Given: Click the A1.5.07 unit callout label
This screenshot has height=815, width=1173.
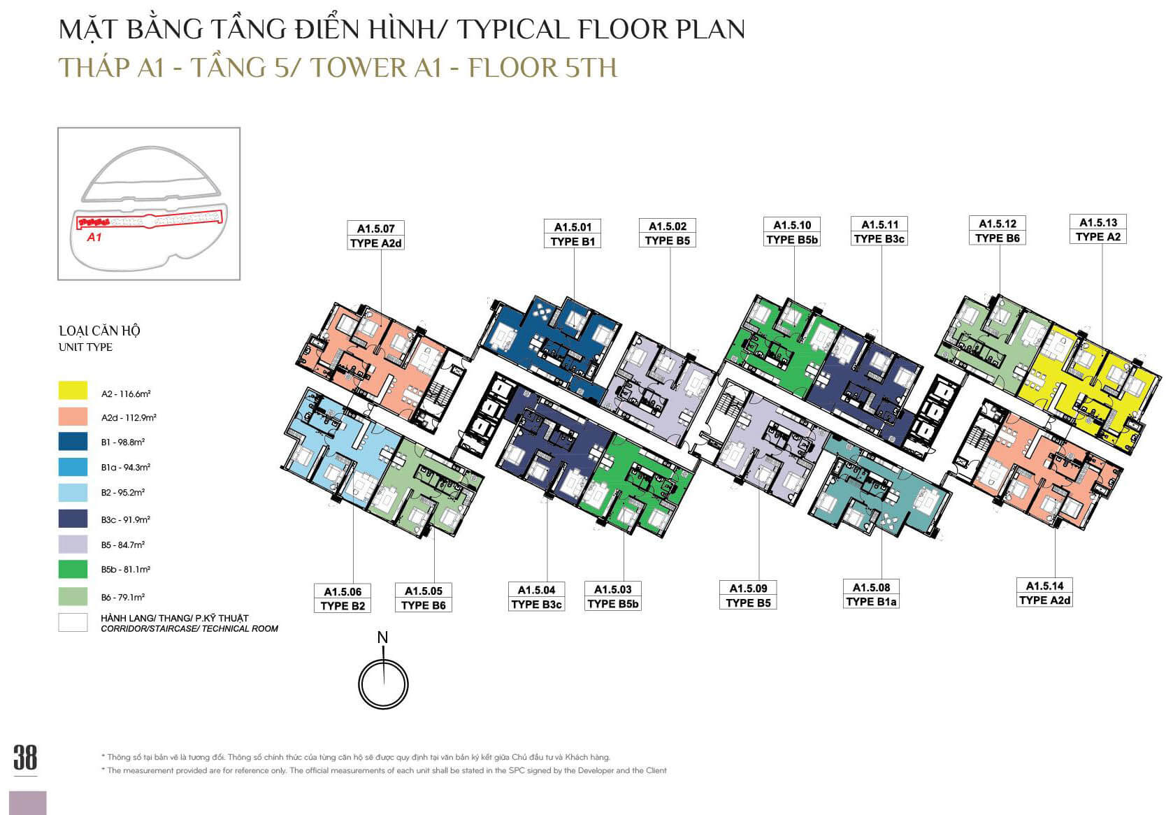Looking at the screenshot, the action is [x=375, y=236].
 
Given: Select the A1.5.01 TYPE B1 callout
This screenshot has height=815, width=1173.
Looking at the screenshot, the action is [x=573, y=234].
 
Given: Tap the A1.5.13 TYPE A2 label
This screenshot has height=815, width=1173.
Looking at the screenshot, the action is [x=1098, y=229].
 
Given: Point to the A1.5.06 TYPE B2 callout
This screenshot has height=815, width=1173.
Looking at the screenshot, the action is [x=343, y=598].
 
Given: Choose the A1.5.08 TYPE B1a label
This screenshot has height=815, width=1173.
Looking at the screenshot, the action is [x=872, y=594].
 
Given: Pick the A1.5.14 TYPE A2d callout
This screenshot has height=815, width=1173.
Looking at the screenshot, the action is [x=1044, y=593].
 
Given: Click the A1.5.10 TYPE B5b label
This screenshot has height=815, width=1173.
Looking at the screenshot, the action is [x=792, y=232].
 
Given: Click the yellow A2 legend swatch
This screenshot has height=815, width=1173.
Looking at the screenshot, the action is [x=73, y=391].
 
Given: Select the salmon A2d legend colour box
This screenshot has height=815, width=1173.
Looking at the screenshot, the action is [x=73, y=417].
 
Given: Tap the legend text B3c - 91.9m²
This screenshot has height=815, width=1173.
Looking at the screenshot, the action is [x=126, y=520].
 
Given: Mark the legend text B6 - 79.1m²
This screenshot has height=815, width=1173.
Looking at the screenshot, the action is [x=123, y=597].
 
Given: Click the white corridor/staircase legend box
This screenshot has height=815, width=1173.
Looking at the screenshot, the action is [x=73, y=622].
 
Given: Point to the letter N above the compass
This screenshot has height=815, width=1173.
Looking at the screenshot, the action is [x=383, y=637].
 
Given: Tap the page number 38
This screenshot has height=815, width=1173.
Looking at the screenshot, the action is [x=25, y=758].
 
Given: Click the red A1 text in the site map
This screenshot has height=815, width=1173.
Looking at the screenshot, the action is [x=94, y=237].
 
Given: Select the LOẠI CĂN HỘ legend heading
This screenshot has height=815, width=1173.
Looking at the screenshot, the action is [x=99, y=331].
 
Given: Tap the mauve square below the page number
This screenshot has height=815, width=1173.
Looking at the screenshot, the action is [x=28, y=802].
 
